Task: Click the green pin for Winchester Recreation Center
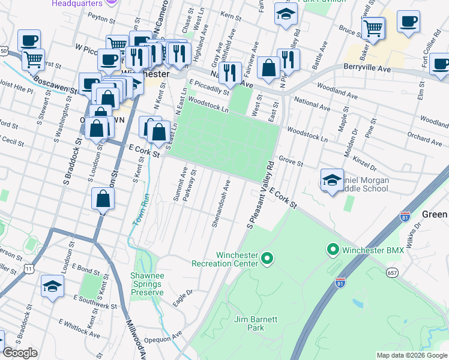click(x=268, y=259)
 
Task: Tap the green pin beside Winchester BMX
click(x=332, y=248)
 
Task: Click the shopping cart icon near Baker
click(x=373, y=28)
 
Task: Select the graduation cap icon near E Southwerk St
click(x=53, y=287)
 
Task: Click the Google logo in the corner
click(x=20, y=353)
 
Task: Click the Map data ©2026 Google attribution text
click(x=411, y=355)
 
